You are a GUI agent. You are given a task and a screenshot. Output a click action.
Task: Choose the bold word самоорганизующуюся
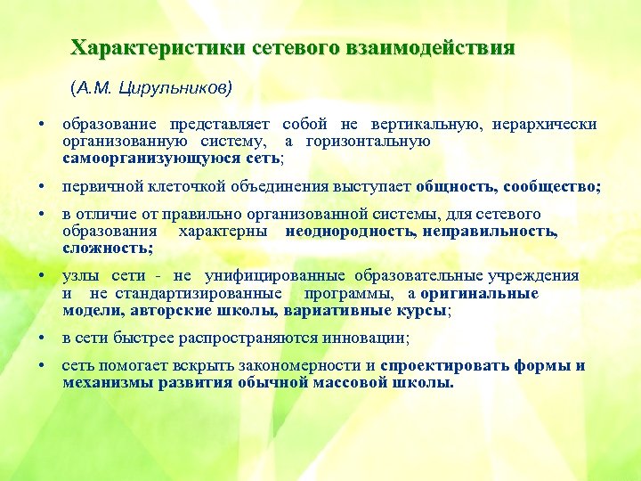142,158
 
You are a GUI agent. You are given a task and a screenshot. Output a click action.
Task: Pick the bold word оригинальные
480,293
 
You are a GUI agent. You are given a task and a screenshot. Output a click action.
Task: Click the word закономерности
299,366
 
